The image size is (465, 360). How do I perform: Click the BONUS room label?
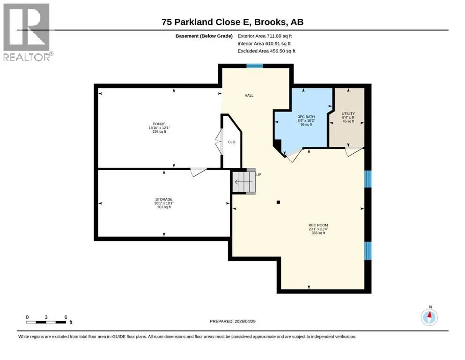(159, 124)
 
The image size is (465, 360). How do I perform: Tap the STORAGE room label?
(164, 199)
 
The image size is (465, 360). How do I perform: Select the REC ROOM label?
(318, 225)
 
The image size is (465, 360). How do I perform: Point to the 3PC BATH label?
(306, 117)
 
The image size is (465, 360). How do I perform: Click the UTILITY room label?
(348, 113)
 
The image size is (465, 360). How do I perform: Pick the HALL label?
(249, 95)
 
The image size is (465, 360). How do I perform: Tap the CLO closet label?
(232, 142)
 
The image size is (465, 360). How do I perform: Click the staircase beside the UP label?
(244, 181)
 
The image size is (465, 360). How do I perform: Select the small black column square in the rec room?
(278, 202)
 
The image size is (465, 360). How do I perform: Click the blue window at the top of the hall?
(255, 66)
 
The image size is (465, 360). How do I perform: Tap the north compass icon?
(429, 317)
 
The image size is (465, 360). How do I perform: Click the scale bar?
(46, 322)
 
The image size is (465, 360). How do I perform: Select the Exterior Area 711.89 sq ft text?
(265, 36)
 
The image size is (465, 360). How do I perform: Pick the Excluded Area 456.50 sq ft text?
(266, 51)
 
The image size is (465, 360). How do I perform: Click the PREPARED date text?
(232, 321)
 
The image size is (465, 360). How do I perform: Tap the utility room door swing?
(354, 151)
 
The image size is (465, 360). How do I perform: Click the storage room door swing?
(198, 172)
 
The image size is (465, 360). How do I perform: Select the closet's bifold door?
(219, 141)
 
